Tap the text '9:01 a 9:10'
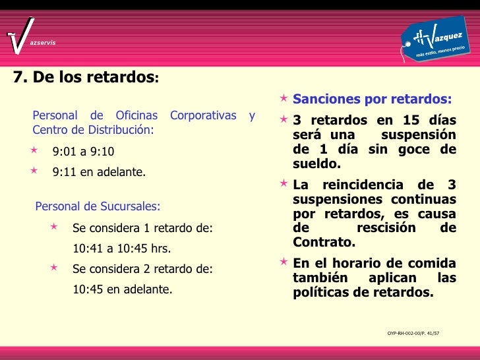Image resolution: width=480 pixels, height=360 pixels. pyautogui.click(x=83, y=152)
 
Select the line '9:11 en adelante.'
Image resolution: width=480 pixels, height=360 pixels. pyautogui.click(x=99, y=173)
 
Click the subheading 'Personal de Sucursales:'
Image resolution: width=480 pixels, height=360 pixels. pyautogui.click(x=98, y=206)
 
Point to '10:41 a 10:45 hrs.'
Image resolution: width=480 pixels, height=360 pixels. pyautogui.click(x=121, y=249)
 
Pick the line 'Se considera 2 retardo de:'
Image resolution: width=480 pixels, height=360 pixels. pyautogui.click(x=142, y=268)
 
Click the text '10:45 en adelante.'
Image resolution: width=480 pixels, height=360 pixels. pyautogui.click(x=122, y=289)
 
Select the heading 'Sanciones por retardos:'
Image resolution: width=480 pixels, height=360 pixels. pyautogui.click(x=373, y=100)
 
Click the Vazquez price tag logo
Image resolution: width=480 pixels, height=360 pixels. pyautogui.click(x=436, y=40)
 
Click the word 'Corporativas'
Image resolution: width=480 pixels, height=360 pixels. pyautogui.click(x=202, y=115)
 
